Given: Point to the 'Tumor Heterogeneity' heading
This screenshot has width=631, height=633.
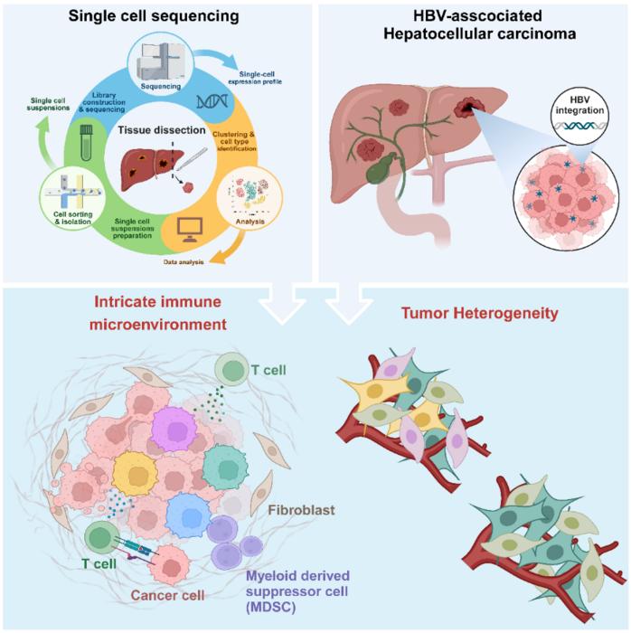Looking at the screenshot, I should tap(480, 314).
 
